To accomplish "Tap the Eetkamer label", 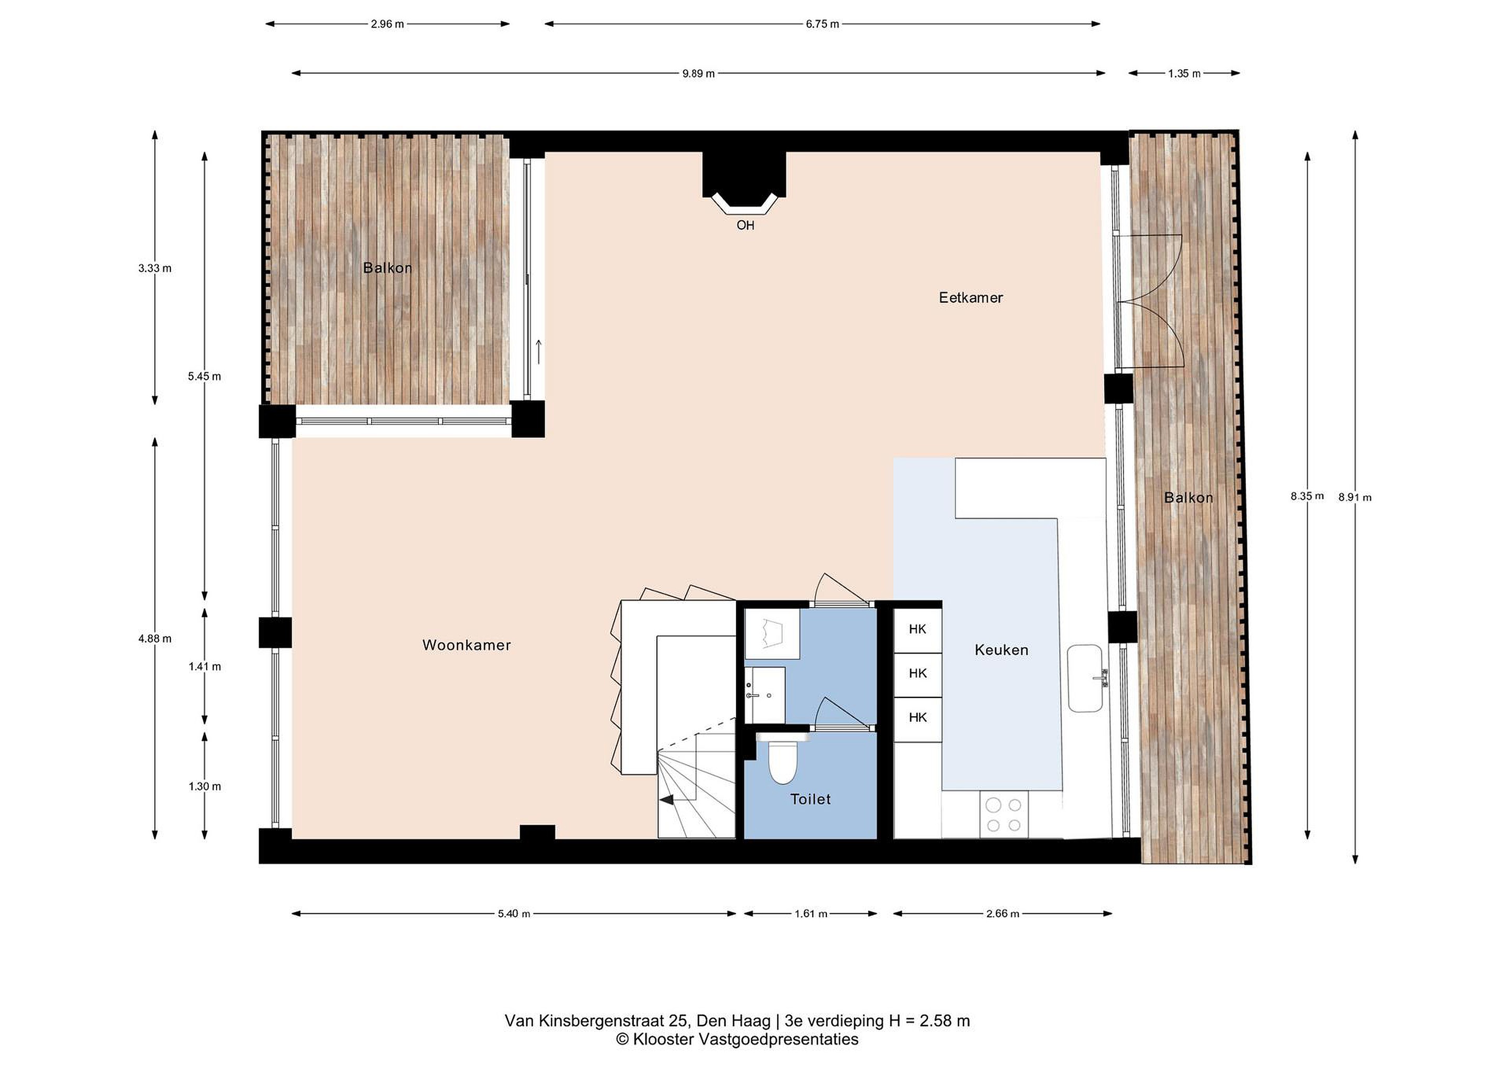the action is tap(970, 298).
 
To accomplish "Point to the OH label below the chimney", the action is tap(745, 225).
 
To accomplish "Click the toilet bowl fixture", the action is tap(783, 761).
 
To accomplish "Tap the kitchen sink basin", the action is tap(1084, 678).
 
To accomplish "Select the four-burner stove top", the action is tap(1004, 814).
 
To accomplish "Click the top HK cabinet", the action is tap(918, 629).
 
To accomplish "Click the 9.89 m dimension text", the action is tap(698, 73).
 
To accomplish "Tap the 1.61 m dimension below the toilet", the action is tap(811, 913).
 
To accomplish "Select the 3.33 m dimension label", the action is tap(155, 268).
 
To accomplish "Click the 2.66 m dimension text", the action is tap(1002, 913).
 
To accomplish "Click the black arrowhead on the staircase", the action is tap(667, 800).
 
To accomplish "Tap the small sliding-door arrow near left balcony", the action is tap(538, 352).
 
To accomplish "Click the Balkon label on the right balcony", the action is tap(1189, 498).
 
